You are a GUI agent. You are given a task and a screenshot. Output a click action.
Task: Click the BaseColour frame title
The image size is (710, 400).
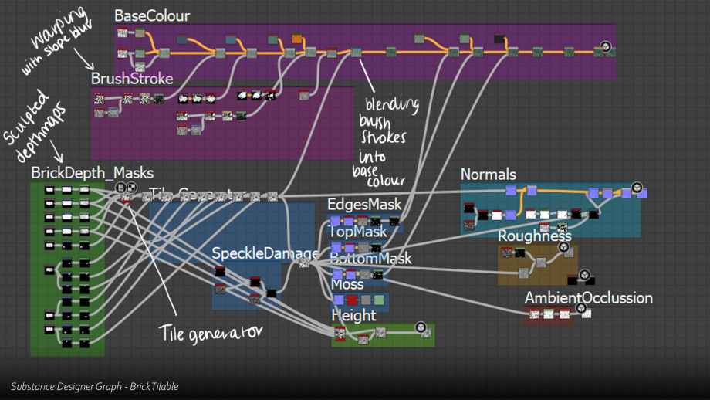click(151, 16)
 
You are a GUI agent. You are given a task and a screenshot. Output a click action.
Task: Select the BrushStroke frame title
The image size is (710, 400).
click(132, 78)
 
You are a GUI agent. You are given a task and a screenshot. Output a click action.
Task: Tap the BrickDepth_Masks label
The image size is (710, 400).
click(92, 173)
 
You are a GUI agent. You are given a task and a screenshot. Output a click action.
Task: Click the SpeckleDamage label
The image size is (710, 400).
click(265, 253)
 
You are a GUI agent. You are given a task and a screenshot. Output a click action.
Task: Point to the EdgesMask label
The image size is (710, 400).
click(364, 205)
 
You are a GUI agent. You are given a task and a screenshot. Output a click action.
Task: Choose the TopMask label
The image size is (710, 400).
click(358, 232)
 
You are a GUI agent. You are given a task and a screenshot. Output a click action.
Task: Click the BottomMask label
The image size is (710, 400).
click(370, 259)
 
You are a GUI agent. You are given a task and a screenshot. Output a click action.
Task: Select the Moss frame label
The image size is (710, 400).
click(347, 284)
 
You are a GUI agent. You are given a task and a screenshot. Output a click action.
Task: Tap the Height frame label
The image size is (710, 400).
click(353, 315)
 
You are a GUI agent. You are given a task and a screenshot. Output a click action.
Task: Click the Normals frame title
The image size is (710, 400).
click(488, 175)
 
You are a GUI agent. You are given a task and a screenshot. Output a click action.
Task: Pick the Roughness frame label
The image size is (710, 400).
click(534, 236)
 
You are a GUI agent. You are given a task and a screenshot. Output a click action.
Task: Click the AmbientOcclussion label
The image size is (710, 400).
click(588, 298)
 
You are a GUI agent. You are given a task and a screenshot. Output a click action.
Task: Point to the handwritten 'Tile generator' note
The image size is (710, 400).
click(211, 332)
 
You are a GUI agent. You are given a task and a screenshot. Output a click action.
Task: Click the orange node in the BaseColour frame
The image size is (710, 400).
click(297, 39)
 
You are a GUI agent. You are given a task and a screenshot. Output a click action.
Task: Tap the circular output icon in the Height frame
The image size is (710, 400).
click(420, 327)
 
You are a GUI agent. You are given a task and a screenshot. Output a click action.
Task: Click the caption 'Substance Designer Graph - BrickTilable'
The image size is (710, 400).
click(95, 386)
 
